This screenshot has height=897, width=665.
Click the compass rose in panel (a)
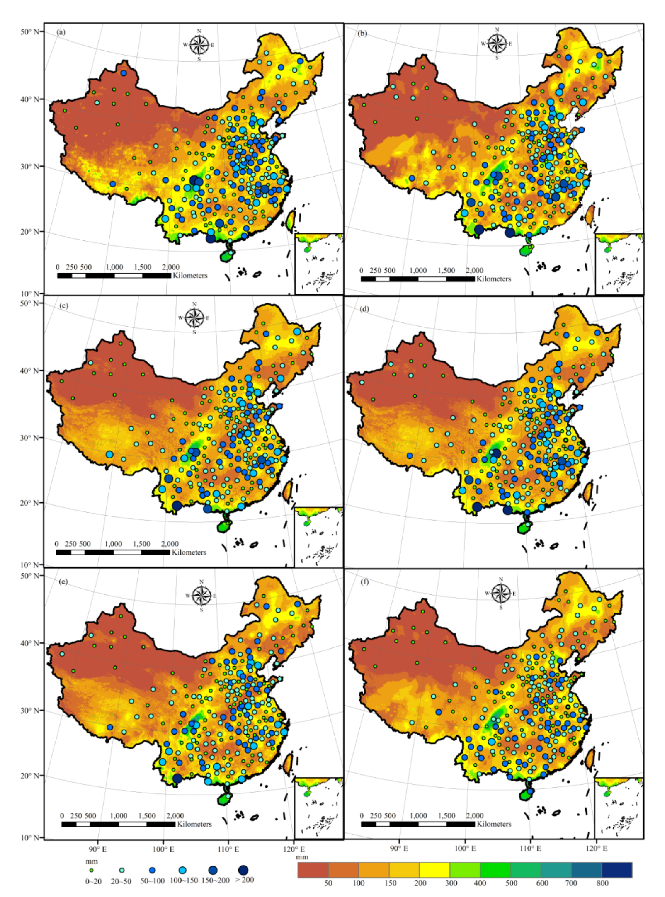199,45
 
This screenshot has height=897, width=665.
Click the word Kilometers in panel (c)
189,552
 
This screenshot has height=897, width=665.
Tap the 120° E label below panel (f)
596,848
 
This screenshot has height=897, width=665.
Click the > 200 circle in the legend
243,870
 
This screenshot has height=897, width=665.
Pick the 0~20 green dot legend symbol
92,870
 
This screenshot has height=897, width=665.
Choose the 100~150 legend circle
183,870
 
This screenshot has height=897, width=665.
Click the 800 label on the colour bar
602,883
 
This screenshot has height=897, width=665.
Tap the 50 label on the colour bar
328,883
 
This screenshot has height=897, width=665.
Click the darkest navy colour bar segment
617,870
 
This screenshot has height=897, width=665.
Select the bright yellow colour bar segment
434,870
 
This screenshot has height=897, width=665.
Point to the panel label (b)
362,34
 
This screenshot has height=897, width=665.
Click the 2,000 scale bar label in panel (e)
175,815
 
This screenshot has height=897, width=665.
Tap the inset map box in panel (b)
619,264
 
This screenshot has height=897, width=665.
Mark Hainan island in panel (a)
227,256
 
